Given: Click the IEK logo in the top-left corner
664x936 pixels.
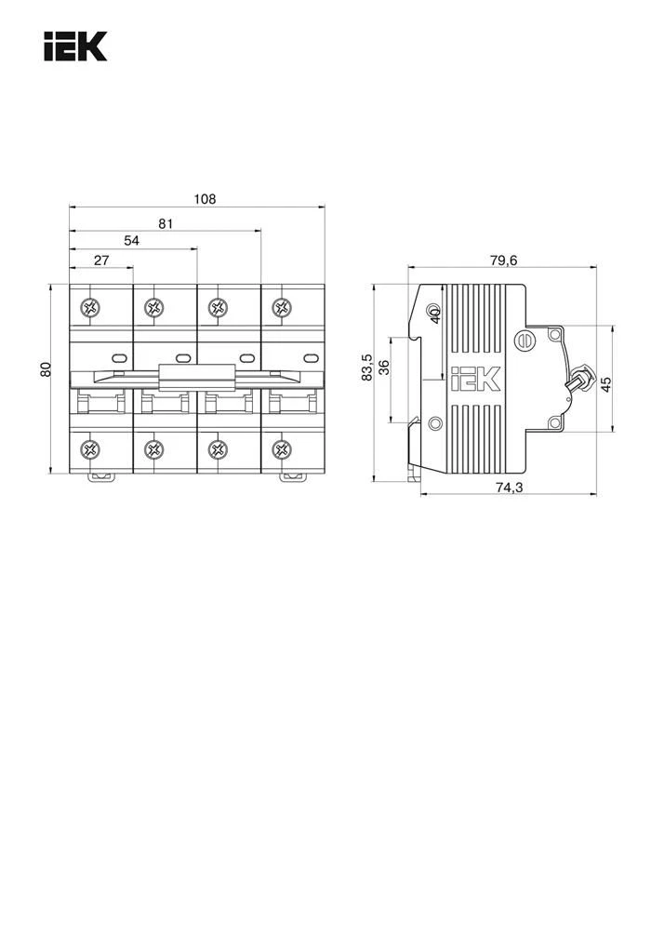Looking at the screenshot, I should [75, 47].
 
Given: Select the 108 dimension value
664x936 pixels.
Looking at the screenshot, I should [205, 198].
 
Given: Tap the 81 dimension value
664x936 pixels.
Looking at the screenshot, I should [166, 223].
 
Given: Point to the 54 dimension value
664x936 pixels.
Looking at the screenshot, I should [132, 241].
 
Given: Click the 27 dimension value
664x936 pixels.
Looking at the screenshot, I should [101, 261].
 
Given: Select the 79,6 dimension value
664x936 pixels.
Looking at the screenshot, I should [503, 261].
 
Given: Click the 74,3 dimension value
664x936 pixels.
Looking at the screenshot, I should [508, 487].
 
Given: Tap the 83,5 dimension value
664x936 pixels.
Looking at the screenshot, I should [367, 367].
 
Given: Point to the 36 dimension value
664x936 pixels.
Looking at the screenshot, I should [384, 367].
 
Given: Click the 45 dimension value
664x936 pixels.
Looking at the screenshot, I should [605, 382].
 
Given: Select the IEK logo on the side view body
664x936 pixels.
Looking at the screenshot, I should [475, 380].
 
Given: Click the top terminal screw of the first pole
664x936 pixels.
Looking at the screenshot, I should [90, 308].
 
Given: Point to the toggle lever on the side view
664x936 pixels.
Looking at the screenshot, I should [581, 378].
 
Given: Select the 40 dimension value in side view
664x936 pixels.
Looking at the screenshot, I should [434, 316].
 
